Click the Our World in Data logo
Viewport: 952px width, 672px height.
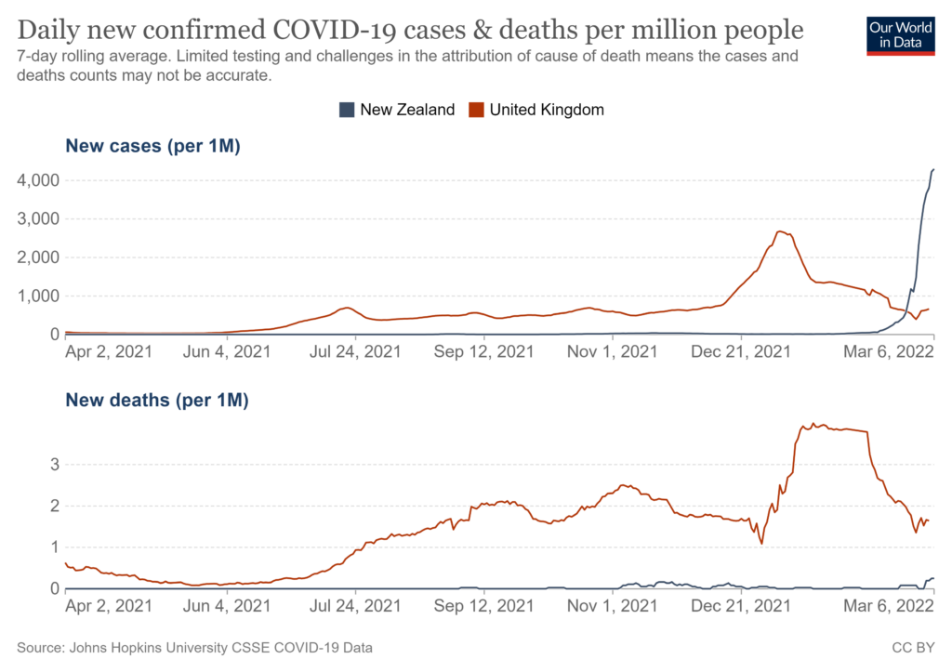point(901,34)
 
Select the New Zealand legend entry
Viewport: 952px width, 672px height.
point(397,110)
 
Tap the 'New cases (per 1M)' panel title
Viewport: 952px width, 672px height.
point(152,146)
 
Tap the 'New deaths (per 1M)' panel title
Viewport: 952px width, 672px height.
point(156,402)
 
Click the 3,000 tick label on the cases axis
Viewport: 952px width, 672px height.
point(38,218)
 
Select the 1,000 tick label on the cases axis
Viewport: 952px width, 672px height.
point(38,296)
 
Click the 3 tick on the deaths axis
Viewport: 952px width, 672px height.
point(55,464)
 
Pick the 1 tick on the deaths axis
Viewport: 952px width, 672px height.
point(55,547)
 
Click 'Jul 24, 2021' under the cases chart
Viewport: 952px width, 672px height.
point(356,352)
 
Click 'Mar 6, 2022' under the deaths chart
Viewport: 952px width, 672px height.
point(886,607)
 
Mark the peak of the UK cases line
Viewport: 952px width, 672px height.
point(779,231)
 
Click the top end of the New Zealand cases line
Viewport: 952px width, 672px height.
point(933,170)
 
